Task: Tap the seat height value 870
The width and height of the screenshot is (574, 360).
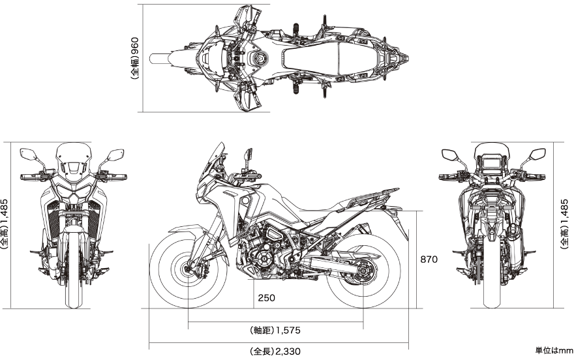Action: coord(429,259)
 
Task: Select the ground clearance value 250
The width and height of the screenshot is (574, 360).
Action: coord(266,297)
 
